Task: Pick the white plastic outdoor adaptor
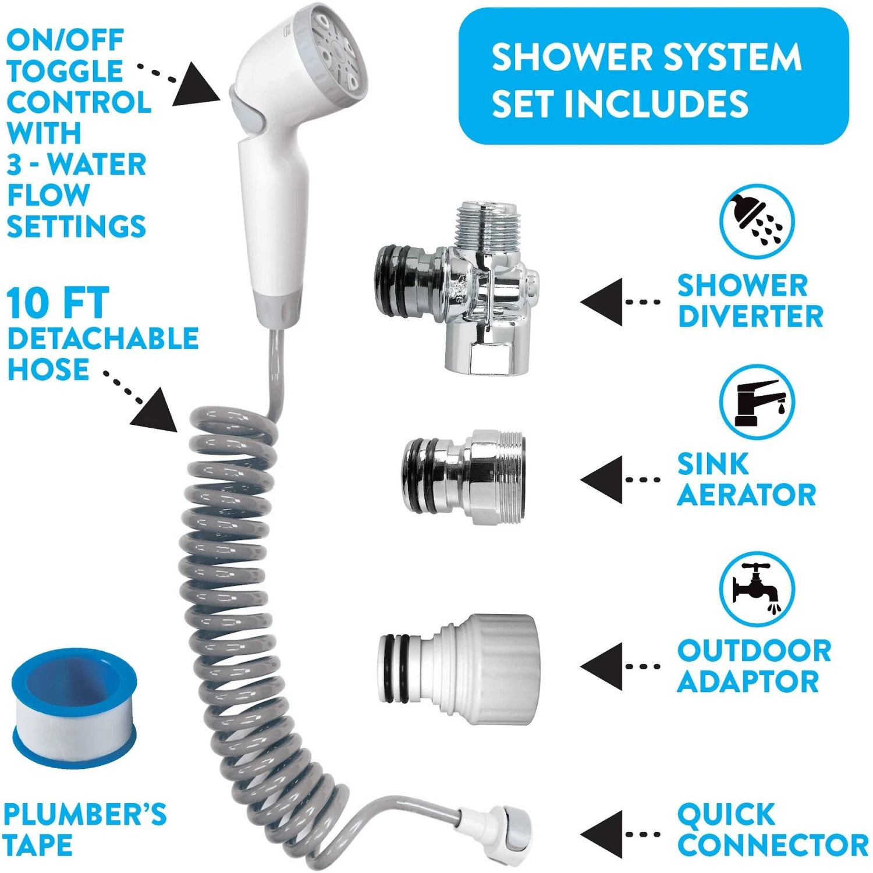(x=460, y=669)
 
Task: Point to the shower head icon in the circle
(x=756, y=221)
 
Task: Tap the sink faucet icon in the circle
(x=756, y=402)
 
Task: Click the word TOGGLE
(x=65, y=71)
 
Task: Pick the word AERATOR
(x=746, y=495)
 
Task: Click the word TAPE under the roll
(x=38, y=845)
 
